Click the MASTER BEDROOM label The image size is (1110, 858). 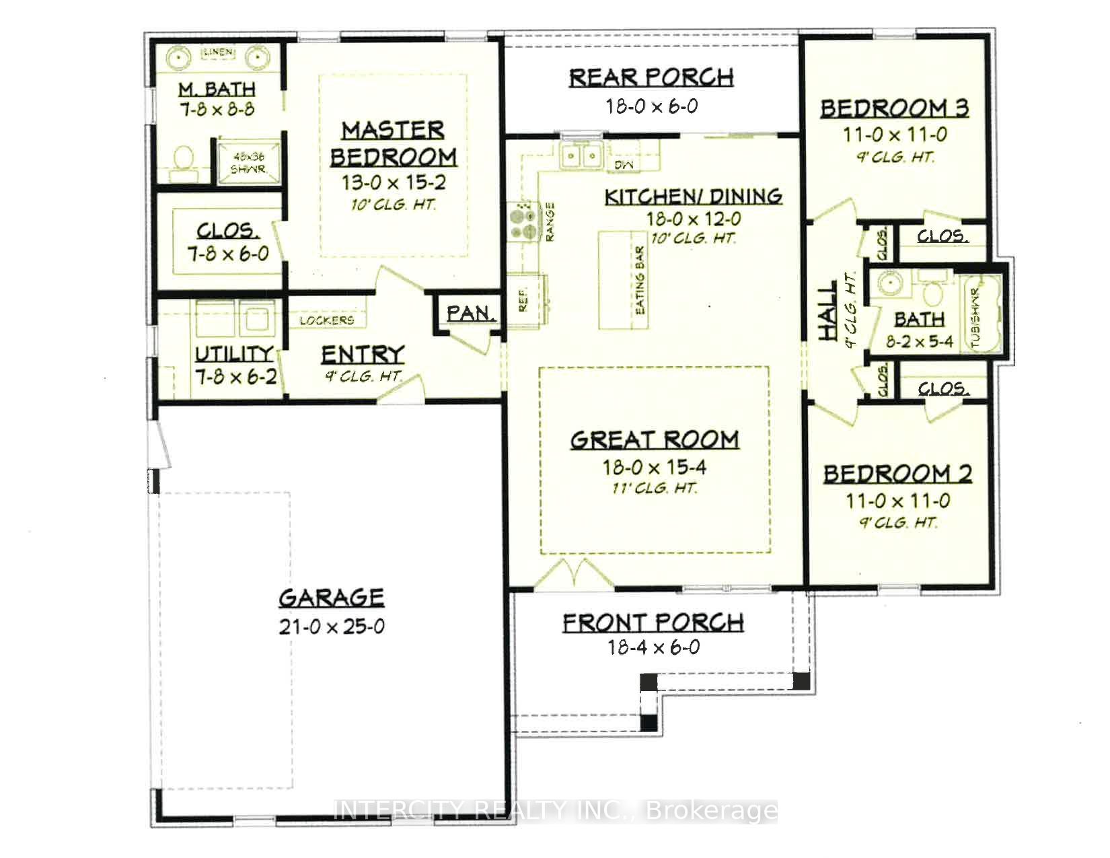coord(393,143)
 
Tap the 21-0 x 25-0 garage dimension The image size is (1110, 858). coord(331,627)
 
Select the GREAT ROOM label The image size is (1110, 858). coord(655,439)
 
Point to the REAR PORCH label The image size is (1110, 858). coord(651,77)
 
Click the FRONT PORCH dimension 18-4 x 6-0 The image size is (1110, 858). coord(653,647)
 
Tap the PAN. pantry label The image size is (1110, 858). coord(472,313)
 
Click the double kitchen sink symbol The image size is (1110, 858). coord(581,156)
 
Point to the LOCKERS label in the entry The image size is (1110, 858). coord(327,320)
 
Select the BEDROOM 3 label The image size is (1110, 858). coord(894,108)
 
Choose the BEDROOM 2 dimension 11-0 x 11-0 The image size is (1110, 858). coord(897,501)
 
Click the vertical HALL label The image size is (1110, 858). coord(827,310)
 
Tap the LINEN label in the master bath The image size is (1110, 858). coord(218,52)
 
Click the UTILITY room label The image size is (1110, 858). coord(233,353)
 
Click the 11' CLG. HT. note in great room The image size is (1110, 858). coord(655,488)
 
